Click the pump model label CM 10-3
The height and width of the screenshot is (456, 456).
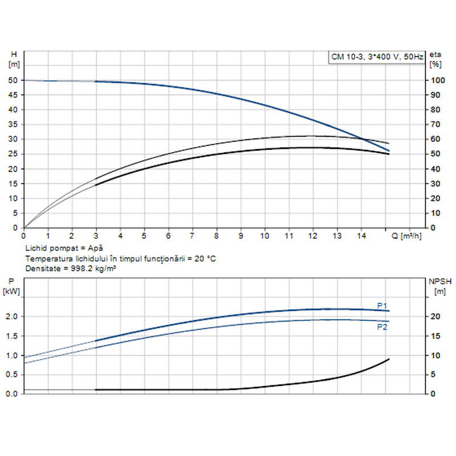(x=346, y=56)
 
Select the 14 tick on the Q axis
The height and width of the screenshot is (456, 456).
(x=361, y=235)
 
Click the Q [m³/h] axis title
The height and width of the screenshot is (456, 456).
(x=406, y=235)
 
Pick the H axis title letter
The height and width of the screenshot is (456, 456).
(x=14, y=54)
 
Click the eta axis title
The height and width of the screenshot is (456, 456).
(x=435, y=54)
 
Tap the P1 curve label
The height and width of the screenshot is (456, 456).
(x=382, y=305)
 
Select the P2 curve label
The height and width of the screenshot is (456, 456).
(x=382, y=327)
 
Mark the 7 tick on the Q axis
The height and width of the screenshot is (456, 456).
(x=193, y=235)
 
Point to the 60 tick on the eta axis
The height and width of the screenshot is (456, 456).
(x=435, y=139)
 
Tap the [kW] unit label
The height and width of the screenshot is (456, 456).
(x=13, y=291)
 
